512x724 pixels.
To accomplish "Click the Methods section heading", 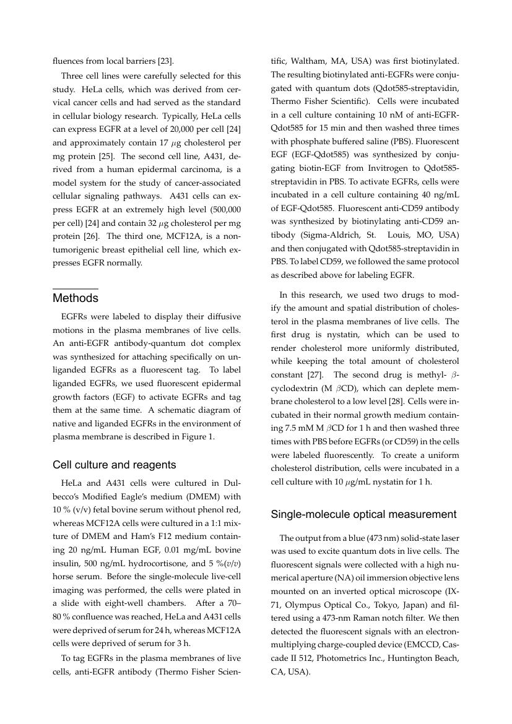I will coord(76,298).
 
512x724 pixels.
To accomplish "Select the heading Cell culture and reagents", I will coord(115,465).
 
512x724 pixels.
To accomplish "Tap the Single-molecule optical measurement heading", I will coord(364,514).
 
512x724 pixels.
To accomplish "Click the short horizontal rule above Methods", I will coord(76,288).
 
